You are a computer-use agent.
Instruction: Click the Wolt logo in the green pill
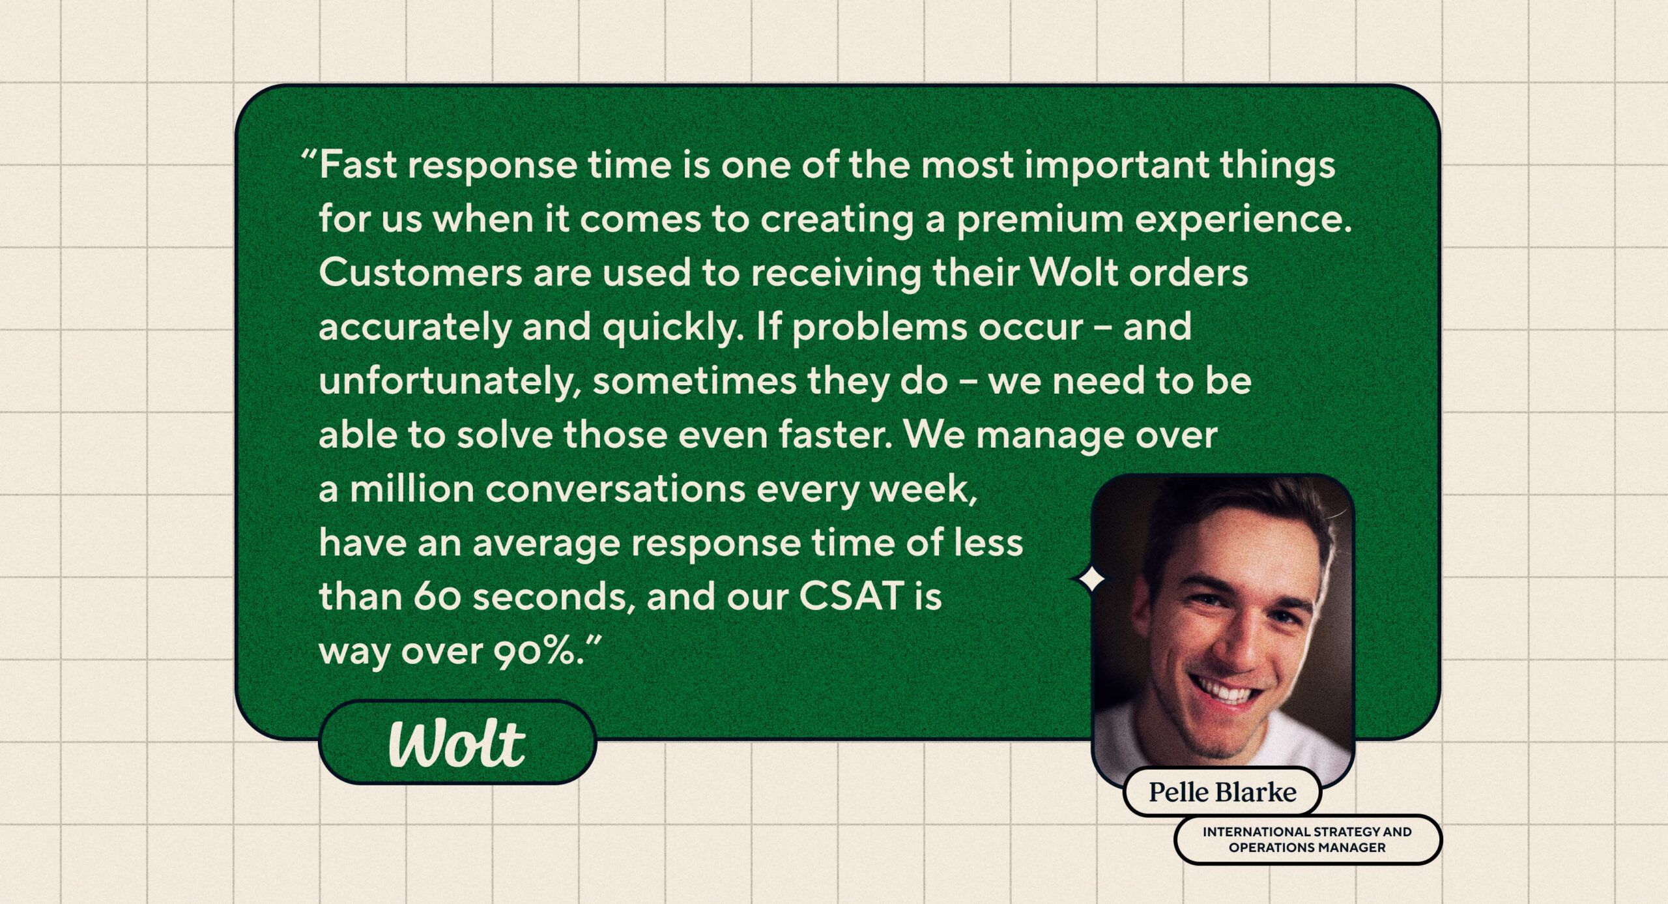point(457,744)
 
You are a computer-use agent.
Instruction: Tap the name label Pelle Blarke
point(1222,792)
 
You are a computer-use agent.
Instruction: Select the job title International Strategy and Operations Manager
point(1307,839)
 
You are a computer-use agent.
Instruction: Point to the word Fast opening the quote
point(358,164)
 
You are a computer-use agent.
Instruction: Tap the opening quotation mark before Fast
point(309,158)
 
